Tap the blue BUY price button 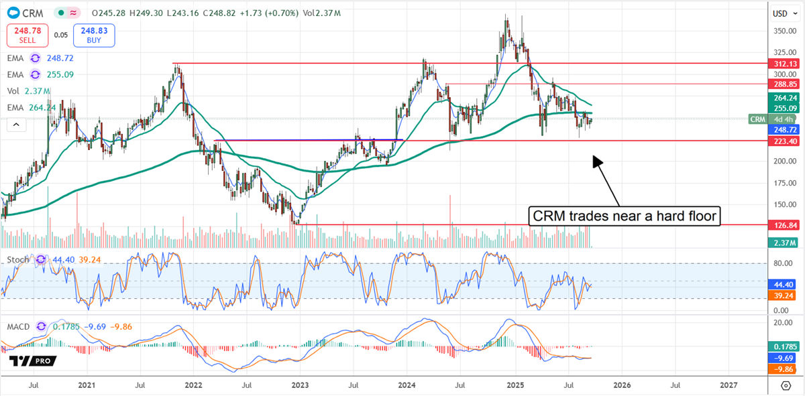point(95,34)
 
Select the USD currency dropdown point(780,13)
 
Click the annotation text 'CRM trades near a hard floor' point(624,216)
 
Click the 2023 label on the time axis point(300,385)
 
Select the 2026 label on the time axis point(621,385)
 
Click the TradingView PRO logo point(32,361)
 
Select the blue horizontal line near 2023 point(309,140)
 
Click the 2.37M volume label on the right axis point(783,243)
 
